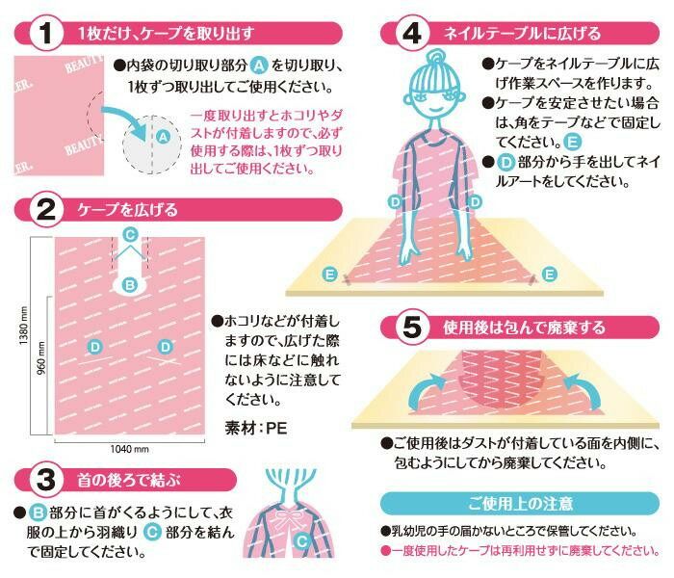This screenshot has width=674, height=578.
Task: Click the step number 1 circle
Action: (46, 33)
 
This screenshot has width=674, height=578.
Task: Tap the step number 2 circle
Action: (46, 209)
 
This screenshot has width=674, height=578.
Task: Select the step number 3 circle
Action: (46, 479)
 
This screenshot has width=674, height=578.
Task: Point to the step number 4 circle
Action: (412, 33)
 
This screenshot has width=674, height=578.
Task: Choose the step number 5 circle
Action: (412, 328)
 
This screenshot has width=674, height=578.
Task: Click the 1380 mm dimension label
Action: (24, 326)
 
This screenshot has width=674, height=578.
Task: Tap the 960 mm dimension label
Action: (41, 357)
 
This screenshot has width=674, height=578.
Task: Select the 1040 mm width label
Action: (129, 449)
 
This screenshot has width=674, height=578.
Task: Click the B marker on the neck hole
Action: (130, 284)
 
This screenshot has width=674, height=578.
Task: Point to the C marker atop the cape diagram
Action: (130, 235)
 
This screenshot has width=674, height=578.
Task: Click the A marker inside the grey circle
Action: (163, 137)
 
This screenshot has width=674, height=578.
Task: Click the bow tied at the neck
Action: (286, 518)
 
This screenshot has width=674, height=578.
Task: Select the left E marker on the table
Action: (330, 274)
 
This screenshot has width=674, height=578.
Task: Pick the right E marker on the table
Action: (549, 274)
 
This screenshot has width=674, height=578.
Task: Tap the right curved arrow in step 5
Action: (582, 389)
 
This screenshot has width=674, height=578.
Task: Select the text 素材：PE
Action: (255, 428)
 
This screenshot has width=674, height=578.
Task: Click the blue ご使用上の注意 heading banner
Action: (520, 503)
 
